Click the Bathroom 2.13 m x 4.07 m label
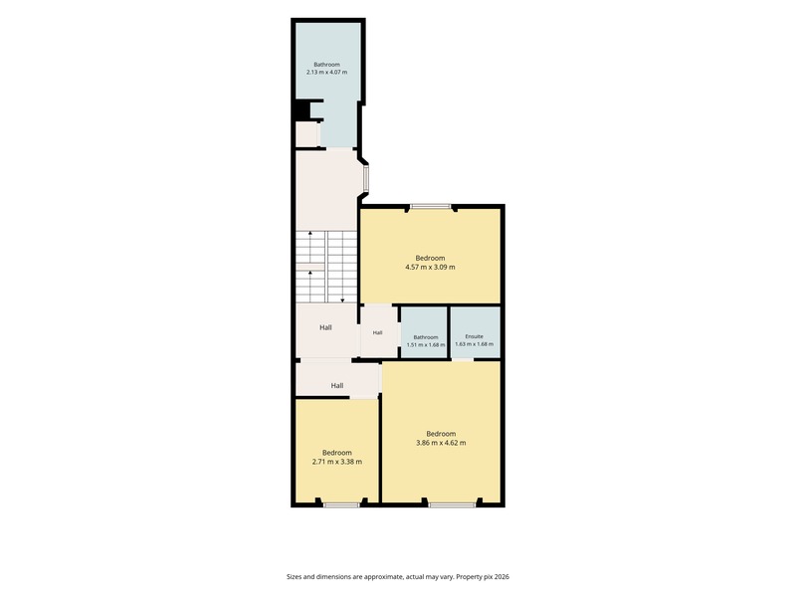pyautogui.click(x=326, y=68)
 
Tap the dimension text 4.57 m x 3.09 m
pyautogui.click(x=430, y=267)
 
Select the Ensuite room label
pyautogui.click(x=475, y=336)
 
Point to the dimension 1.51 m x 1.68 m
pyautogui.click(x=426, y=344)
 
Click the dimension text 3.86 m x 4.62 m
pyautogui.click(x=441, y=443)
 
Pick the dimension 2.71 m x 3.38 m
pyautogui.click(x=337, y=462)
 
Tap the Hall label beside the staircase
pyautogui.click(x=326, y=327)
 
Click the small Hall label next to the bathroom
pyautogui.click(x=377, y=333)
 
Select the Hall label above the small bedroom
pyautogui.click(x=337, y=385)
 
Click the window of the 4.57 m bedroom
pyautogui.click(x=431, y=207)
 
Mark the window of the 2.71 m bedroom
pyautogui.click(x=341, y=504)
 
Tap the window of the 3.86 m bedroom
pyautogui.click(x=452, y=504)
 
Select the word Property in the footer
pyautogui.click(x=468, y=577)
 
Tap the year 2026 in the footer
pyautogui.click(x=502, y=577)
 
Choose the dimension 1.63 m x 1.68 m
pyautogui.click(x=475, y=343)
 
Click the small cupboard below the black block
pyautogui.click(x=306, y=134)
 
